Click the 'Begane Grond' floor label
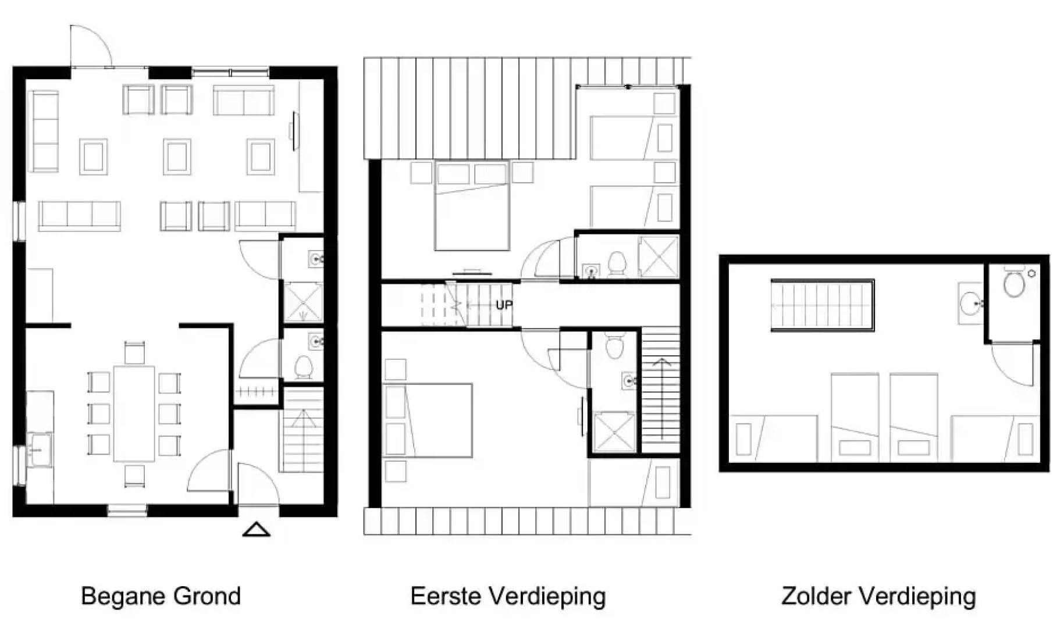coord(161,596)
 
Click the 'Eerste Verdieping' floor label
coord(508,596)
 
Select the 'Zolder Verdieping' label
coord(878,596)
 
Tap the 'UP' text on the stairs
coord(504,305)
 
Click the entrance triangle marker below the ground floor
coord(256,530)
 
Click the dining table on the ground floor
coord(134,413)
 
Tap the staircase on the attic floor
coord(822,305)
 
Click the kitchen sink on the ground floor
coord(38,449)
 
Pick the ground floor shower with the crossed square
coord(303,302)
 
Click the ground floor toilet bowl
coord(303,367)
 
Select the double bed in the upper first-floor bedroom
coord(472,206)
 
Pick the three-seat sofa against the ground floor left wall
coord(44,131)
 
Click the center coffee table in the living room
coord(177,156)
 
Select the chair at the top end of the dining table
coord(134,353)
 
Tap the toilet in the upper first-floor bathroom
coord(616,263)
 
